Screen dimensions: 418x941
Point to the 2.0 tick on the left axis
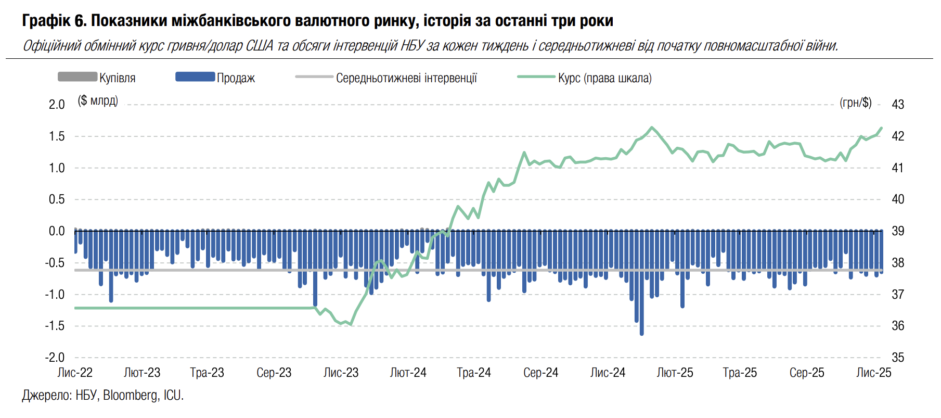(57, 104)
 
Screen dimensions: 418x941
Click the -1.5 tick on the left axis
(55, 326)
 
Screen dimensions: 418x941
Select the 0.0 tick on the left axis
(57, 231)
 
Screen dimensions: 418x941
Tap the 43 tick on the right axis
(898, 104)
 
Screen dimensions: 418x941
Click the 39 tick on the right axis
(898, 231)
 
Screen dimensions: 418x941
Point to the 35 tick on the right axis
(898, 358)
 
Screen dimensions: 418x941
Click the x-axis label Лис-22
(75, 373)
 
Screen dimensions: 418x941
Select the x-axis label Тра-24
(474, 373)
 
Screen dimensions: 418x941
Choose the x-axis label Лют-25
(675, 373)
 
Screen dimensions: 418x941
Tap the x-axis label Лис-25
(874, 373)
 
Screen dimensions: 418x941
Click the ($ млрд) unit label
(98, 100)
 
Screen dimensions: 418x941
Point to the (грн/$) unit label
(856, 103)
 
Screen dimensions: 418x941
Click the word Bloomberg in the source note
(130, 396)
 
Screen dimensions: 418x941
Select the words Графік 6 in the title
(54, 21)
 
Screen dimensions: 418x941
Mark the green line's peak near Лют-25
(651, 127)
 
